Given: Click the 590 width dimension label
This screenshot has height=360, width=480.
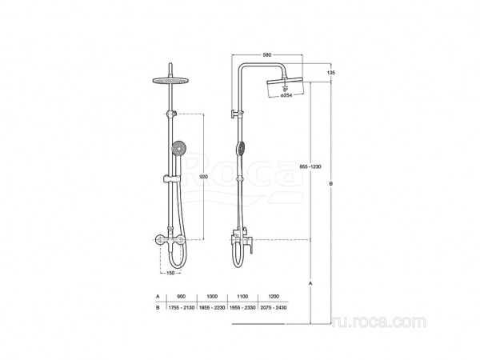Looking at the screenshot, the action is pos(267,55).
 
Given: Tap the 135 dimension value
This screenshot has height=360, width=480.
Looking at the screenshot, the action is pos(331,73).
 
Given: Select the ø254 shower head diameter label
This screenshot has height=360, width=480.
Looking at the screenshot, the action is pos(286,95).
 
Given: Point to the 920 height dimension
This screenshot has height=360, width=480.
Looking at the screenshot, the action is pos(203,177).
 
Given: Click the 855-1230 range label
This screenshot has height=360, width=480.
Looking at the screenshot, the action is pos(310,167).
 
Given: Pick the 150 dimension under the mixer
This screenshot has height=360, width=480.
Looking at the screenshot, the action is pos(170,273).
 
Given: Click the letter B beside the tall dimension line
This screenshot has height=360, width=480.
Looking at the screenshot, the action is pos(331,184).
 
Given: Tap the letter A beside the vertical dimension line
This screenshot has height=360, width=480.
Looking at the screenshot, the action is pos(310,283).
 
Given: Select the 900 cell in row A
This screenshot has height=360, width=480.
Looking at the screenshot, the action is pos(182,296).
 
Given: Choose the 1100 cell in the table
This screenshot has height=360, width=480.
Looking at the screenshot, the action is pos(242,296).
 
